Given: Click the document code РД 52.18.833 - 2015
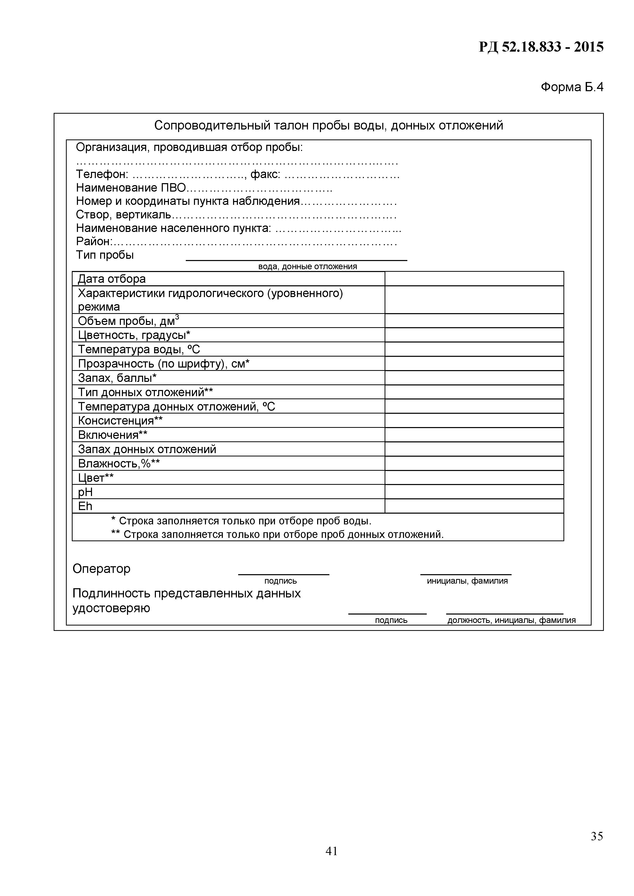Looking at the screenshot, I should [x=541, y=47].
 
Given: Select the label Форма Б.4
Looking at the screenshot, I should [x=572, y=87].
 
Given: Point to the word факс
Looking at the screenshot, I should [x=265, y=174].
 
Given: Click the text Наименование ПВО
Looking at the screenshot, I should [x=131, y=188].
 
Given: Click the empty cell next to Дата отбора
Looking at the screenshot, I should [x=474, y=279].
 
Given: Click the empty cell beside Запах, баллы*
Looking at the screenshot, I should [x=474, y=378].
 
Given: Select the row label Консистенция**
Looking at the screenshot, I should [x=120, y=421].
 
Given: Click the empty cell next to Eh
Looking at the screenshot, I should [x=474, y=506].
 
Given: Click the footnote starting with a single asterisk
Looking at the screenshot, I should [x=241, y=521].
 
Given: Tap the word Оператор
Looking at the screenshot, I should [x=101, y=569].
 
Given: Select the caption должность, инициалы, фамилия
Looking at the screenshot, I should [x=511, y=620].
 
